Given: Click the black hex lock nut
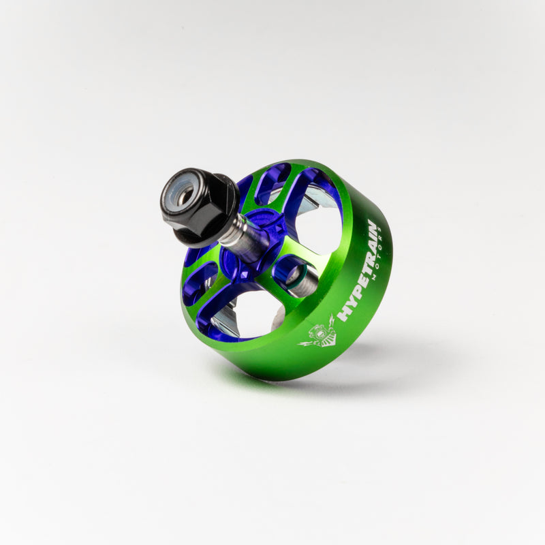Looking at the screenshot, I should [x=198, y=204].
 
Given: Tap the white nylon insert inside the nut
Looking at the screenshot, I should [x=183, y=195].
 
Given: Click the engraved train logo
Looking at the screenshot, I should [x=319, y=334].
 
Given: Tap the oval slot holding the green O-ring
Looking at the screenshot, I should [x=293, y=272].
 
